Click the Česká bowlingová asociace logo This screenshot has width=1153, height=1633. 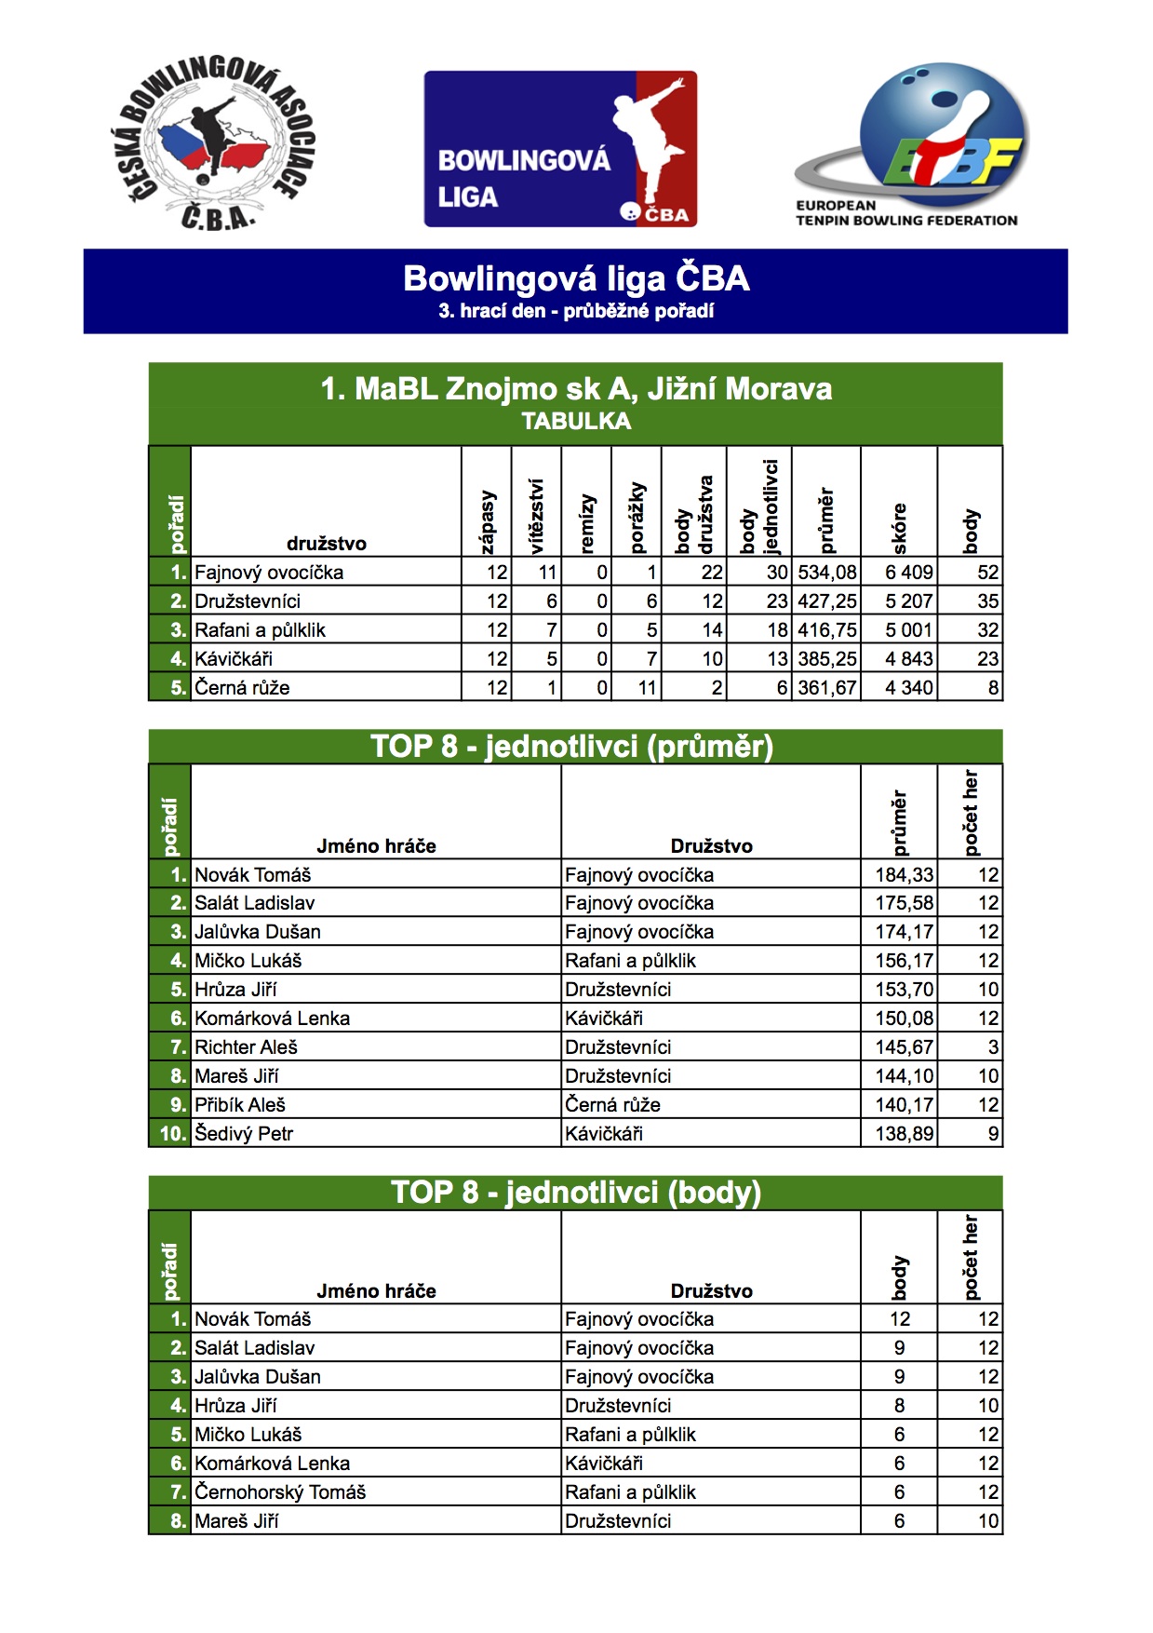point(212,144)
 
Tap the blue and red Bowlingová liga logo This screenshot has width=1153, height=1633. point(560,149)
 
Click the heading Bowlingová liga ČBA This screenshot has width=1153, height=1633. point(576,278)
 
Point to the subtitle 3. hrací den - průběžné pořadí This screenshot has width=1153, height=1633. point(576,311)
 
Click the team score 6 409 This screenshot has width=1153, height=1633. point(908,573)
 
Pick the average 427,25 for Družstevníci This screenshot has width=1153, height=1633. point(826,601)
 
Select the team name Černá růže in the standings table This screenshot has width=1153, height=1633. point(242,688)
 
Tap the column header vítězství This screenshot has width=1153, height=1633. point(536,517)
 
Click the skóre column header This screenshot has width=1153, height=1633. point(899,528)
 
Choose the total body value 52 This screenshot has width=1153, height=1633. point(987,573)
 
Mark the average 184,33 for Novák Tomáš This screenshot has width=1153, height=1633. point(904,875)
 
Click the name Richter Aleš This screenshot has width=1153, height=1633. point(246,1047)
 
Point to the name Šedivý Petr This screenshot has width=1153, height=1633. point(244,1134)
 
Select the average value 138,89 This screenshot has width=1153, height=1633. point(904,1134)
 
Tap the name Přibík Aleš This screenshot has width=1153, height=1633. point(240,1105)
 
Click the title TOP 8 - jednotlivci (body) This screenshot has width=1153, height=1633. point(576,1193)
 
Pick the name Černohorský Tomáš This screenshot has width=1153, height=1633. point(280,1492)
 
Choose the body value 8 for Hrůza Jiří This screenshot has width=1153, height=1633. point(899,1406)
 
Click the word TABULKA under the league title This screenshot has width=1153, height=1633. point(576,422)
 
